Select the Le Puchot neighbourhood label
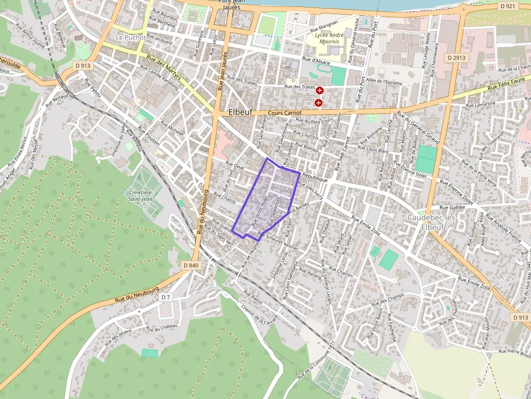(131, 37)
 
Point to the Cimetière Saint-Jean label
(140, 195)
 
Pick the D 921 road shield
(507, 6)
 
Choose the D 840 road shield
(191, 265)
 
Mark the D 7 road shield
(166, 297)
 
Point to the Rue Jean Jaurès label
(222, 70)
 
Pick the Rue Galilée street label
(452, 207)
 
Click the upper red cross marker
(320, 90)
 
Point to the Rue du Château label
(162, 327)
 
